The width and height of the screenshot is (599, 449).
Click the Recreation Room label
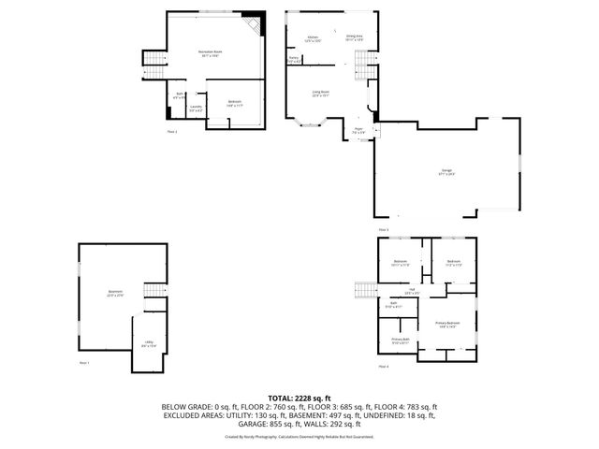point(210,53)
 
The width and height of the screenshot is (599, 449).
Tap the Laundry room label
point(195,109)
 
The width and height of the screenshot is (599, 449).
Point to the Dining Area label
point(354,38)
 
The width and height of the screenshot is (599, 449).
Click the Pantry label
point(294,60)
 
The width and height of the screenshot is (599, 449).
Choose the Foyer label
point(358,131)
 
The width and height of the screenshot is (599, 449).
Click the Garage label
point(446,172)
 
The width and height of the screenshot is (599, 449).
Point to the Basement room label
point(115,294)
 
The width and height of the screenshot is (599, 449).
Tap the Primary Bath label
point(399,340)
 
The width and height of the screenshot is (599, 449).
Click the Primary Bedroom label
point(446,325)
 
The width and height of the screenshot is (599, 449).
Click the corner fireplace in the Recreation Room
point(255,25)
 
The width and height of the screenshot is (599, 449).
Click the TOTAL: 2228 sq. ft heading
point(299,398)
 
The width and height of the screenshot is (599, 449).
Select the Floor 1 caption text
point(83,361)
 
